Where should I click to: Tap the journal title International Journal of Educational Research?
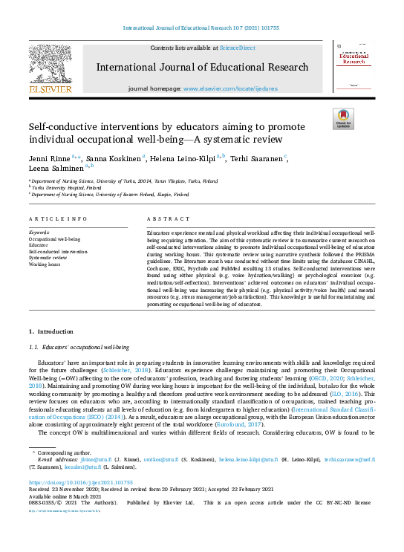click(202, 68)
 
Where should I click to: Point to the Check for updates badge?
click(343, 120)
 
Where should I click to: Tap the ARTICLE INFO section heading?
click(54, 220)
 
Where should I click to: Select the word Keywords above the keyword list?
click(39, 232)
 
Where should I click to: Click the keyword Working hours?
click(44, 264)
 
